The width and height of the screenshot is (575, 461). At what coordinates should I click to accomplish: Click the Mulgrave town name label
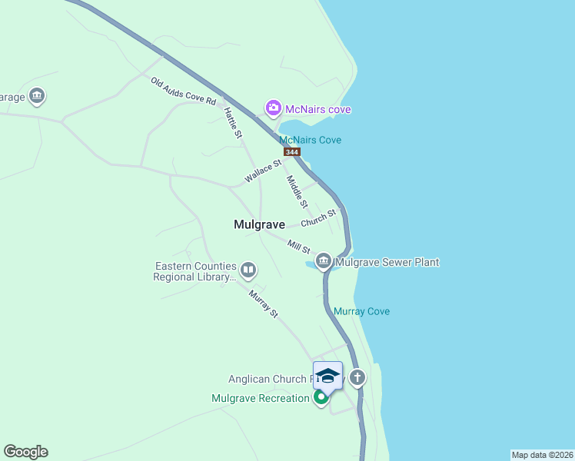(x=259, y=224)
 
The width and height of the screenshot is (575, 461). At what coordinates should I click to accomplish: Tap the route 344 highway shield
(x=291, y=152)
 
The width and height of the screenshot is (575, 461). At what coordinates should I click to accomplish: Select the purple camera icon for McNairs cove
(x=273, y=109)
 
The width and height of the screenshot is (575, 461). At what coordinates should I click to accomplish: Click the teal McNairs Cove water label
(x=310, y=140)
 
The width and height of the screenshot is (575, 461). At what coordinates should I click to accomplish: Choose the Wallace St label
(x=264, y=171)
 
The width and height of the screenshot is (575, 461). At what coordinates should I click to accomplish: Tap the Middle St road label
(x=297, y=192)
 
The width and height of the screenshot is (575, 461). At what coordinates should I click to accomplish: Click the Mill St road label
(x=298, y=247)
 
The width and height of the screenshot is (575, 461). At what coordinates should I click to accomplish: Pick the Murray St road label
(x=263, y=303)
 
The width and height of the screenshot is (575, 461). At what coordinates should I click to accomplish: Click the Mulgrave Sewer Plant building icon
(x=324, y=262)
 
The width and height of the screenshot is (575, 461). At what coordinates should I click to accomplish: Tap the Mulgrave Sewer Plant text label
(x=387, y=262)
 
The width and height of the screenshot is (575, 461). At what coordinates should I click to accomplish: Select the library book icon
(x=248, y=270)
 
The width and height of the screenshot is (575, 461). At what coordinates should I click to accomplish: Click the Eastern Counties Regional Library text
(x=195, y=271)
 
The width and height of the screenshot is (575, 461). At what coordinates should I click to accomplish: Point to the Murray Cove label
(x=361, y=311)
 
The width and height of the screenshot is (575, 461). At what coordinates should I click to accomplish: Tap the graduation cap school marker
(x=328, y=376)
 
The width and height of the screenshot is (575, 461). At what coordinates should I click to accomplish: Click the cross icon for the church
(x=357, y=377)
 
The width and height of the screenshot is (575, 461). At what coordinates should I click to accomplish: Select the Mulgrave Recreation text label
(x=260, y=398)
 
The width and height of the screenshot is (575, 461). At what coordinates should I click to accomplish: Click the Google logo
(x=25, y=452)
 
